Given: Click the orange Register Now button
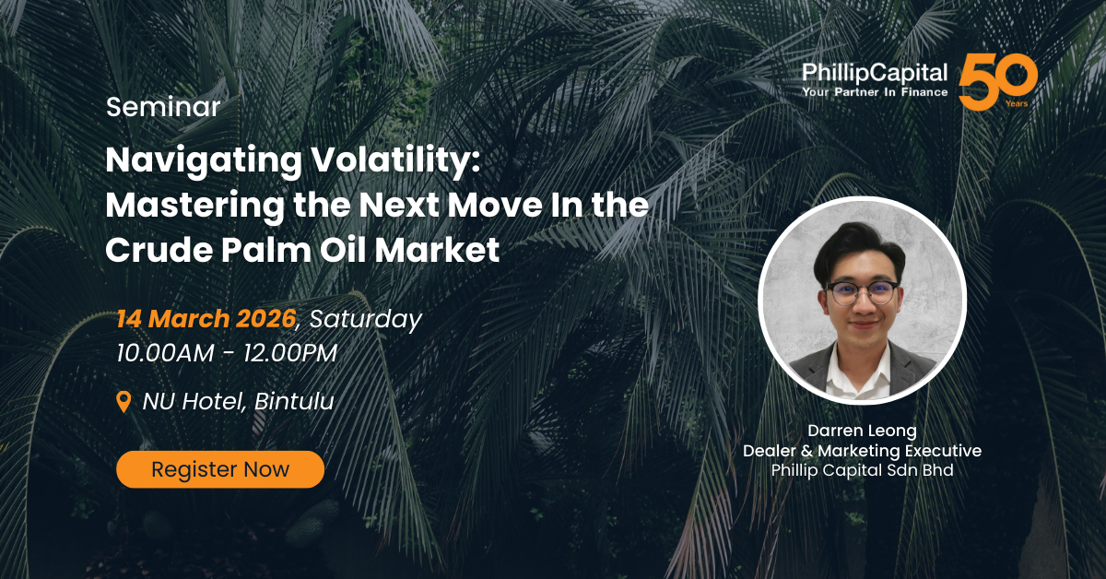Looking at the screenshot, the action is tap(220, 469).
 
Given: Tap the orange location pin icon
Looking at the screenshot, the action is tap(124, 401).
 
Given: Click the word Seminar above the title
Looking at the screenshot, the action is tap(163, 107).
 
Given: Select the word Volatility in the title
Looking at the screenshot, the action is tap(395, 160).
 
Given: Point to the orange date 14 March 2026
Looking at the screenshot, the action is tap(206, 319).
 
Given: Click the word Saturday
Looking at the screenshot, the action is tap(366, 320).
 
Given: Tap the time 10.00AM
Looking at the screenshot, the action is tap(166, 353).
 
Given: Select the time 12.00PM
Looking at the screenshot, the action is tap(290, 353).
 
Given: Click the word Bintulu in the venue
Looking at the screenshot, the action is tap(294, 401).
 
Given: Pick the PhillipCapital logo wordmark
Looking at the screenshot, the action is tap(875, 73).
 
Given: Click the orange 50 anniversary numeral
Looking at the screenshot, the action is tap(997, 82).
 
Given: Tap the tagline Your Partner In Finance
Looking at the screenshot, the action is tap(875, 92).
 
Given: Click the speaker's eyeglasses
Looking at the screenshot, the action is tap(862, 293).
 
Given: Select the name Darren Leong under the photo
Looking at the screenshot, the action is tap(862, 431).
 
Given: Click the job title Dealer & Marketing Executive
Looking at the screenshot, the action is tap(862, 451).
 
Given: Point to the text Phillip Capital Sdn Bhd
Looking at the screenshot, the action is tap(862, 470).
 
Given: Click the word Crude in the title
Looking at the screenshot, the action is tap(159, 250).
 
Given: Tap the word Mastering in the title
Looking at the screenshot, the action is tap(194, 206).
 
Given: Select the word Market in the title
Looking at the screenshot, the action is tap(438, 250).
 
